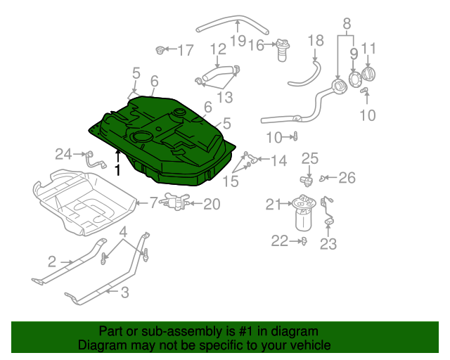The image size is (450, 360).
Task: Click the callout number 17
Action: click(x=185, y=51)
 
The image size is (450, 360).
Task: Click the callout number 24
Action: click(x=64, y=153)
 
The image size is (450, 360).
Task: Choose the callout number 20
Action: click(x=212, y=205)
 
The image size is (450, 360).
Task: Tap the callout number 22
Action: click(x=280, y=241)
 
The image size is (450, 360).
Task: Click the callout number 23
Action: click(x=328, y=245)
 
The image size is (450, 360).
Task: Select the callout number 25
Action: click(x=310, y=158)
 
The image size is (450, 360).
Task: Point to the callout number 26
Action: click(x=347, y=178)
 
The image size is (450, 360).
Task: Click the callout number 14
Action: click(x=278, y=161)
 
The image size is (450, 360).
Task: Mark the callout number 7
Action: click(x=153, y=203)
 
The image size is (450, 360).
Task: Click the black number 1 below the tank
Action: click(x=118, y=170)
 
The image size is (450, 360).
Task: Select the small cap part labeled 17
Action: click(x=162, y=50)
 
